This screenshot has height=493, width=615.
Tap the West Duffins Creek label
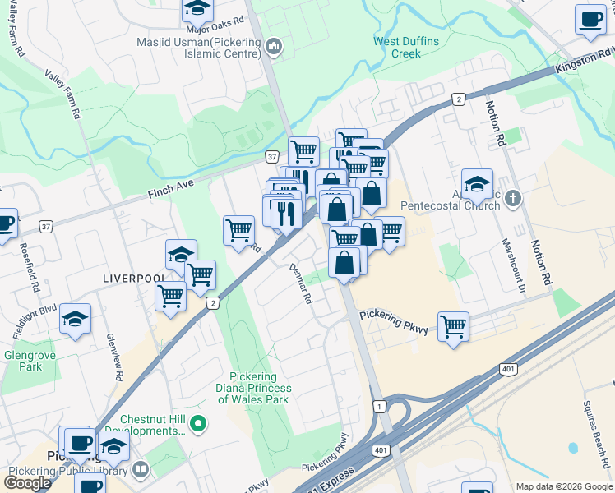[x=406, y=48]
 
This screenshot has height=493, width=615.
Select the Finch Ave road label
[x=170, y=190]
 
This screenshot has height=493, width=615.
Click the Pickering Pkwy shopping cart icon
[x=453, y=326]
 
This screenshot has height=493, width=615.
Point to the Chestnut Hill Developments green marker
[x=197, y=424]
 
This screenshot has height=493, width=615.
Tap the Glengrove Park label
[x=23, y=361]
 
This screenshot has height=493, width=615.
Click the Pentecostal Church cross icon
[x=513, y=198]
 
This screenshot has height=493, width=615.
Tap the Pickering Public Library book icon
[x=140, y=470]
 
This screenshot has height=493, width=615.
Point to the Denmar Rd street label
[x=299, y=284]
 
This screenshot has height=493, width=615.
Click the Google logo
[x=27, y=482]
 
